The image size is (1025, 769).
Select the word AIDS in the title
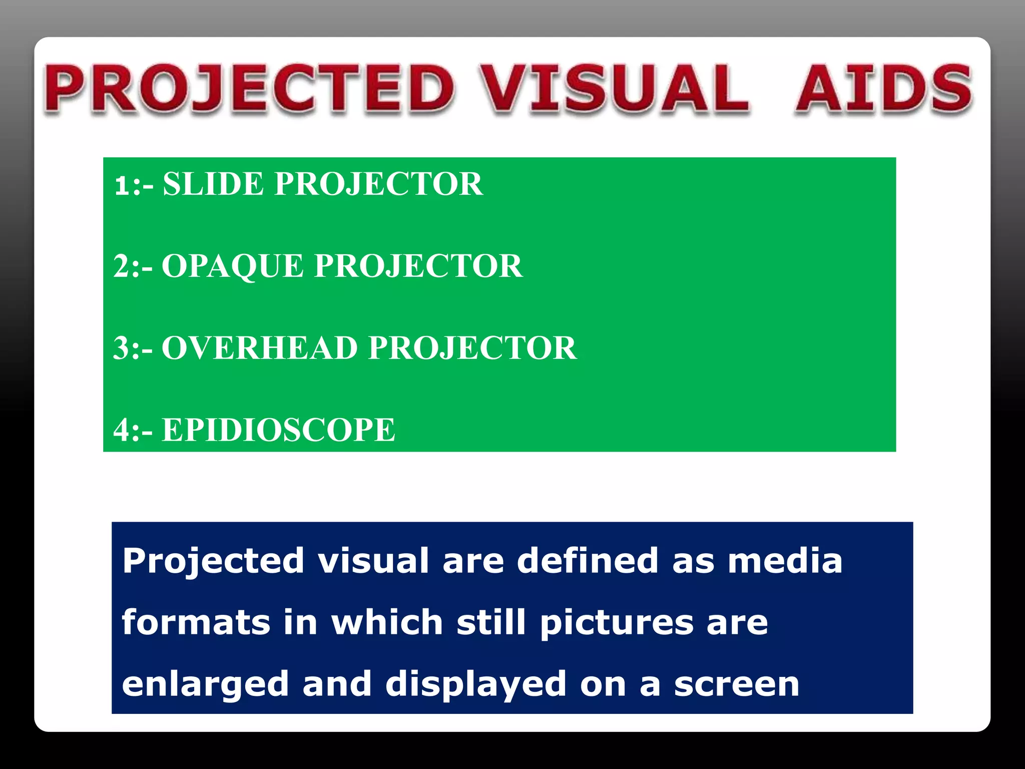[x=883, y=89]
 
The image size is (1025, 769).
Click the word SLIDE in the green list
[x=213, y=184]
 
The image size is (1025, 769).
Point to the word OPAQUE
[x=232, y=266]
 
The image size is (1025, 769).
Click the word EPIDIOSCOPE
[x=278, y=430]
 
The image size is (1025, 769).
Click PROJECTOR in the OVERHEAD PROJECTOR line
[x=472, y=348]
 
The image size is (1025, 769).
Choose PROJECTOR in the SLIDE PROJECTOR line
[x=379, y=184]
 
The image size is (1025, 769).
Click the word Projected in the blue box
[x=213, y=561]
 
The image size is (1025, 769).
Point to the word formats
[x=196, y=622]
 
